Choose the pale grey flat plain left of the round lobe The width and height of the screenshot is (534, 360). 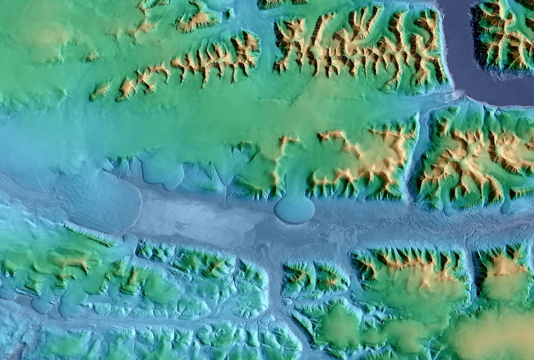pyautogui.click(x=200, y=218)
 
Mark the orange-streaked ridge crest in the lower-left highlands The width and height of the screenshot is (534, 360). pyautogui.click(x=71, y=263)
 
